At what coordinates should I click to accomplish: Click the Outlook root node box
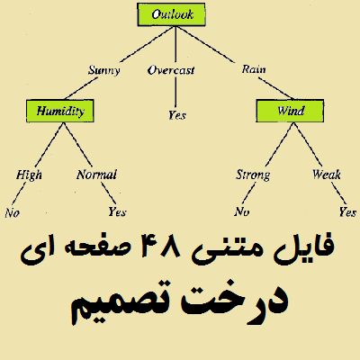coord(171,14)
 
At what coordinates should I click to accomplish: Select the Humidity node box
coord(60,111)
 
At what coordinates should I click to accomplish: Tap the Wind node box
coord(290,111)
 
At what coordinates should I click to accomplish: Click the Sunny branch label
coord(104,70)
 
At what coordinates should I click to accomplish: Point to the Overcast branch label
coord(171,70)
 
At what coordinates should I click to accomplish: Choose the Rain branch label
coord(254,69)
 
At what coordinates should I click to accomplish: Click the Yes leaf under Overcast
coord(177,115)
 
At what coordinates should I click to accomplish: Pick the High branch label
coord(29,175)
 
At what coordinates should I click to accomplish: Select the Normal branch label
coord(96,175)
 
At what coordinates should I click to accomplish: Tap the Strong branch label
coord(253,175)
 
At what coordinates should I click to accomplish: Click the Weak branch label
coord(327,175)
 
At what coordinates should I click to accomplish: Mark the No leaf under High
coord(12,213)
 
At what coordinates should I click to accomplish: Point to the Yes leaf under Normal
coord(117,212)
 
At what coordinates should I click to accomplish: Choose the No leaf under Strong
coord(242,211)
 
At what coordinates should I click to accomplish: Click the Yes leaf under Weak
coord(347,212)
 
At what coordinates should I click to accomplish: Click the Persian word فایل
coord(303,247)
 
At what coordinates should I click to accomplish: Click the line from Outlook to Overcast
coord(175,44)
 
